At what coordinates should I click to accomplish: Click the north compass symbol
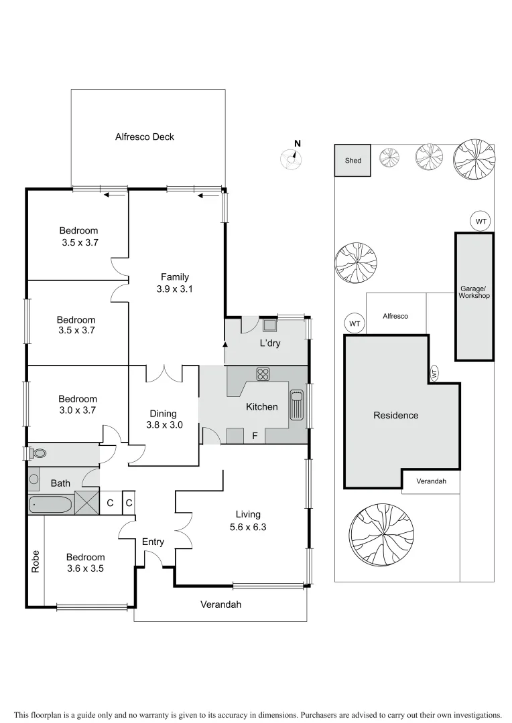pyautogui.click(x=292, y=158)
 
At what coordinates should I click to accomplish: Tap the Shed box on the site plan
pyautogui.click(x=353, y=161)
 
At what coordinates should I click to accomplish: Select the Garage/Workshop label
pyautogui.click(x=474, y=293)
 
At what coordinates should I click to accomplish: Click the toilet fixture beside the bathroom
pyautogui.click(x=38, y=453)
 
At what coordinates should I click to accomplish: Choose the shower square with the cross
pyautogui.click(x=86, y=502)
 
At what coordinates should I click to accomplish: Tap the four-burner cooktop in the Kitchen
pyautogui.click(x=262, y=374)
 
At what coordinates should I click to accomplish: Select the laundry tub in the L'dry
pyautogui.click(x=269, y=326)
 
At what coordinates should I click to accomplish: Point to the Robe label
pyautogui.click(x=36, y=561)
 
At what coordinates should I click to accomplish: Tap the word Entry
pyautogui.click(x=153, y=542)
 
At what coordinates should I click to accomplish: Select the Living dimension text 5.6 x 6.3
pyautogui.click(x=248, y=526)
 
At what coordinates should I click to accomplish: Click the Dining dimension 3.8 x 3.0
pyautogui.click(x=164, y=424)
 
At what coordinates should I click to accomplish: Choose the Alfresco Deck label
pyautogui.click(x=144, y=137)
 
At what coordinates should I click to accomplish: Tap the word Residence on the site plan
pyautogui.click(x=395, y=415)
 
